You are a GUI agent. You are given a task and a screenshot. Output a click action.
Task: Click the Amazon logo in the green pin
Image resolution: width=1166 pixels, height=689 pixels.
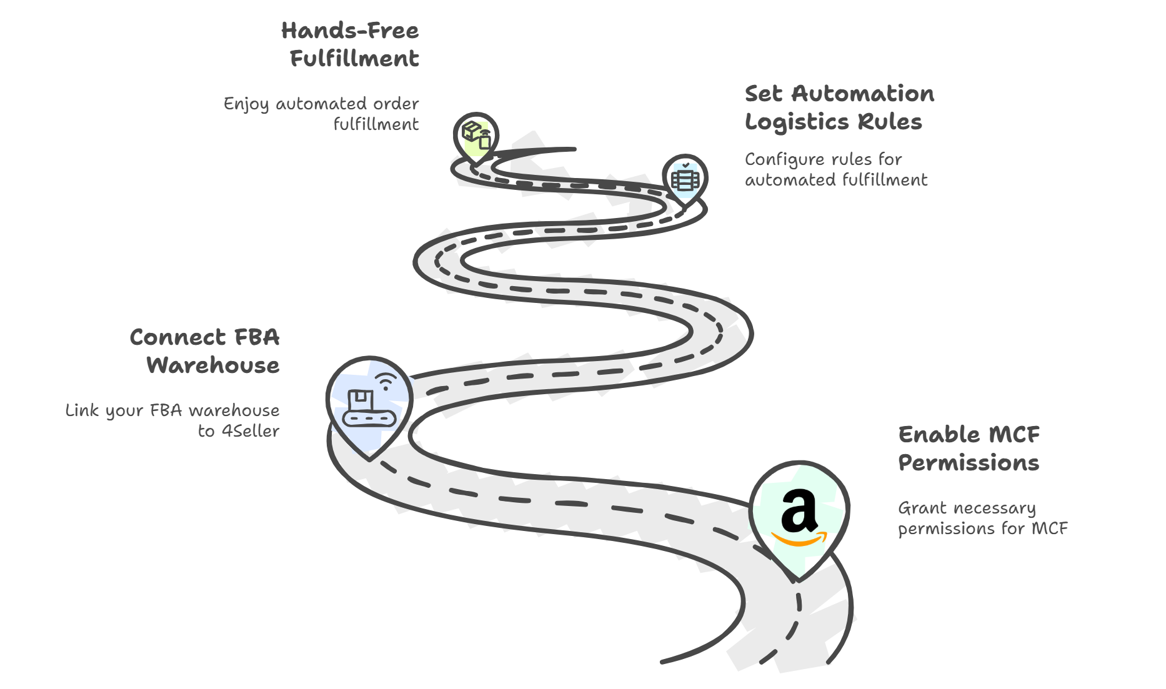point(799,517)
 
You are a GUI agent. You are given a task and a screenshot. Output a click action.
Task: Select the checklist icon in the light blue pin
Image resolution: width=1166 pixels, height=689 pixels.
point(685,179)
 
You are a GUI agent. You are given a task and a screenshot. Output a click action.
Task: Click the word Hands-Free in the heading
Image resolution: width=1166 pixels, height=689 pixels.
point(349,31)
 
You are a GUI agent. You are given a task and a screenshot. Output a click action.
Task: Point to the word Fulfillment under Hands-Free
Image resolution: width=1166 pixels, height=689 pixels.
point(354,59)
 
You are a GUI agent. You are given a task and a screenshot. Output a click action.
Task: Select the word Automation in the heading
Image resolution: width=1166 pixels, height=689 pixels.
point(863,94)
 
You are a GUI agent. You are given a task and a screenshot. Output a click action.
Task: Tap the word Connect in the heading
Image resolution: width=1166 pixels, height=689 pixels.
point(177,337)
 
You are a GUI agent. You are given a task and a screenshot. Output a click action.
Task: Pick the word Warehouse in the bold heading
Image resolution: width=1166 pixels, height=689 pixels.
point(213,365)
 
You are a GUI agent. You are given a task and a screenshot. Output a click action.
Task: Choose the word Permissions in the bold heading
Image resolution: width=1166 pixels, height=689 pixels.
point(969,463)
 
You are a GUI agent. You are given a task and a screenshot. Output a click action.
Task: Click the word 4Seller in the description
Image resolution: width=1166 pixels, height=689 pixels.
point(251,431)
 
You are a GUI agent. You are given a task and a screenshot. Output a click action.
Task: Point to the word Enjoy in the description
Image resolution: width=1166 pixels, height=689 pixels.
point(246,104)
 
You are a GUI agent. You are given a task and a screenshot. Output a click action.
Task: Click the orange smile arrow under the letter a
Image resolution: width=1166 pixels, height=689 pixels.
point(799,539)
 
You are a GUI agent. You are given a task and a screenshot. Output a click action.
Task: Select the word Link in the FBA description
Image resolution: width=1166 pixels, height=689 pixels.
point(82,410)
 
